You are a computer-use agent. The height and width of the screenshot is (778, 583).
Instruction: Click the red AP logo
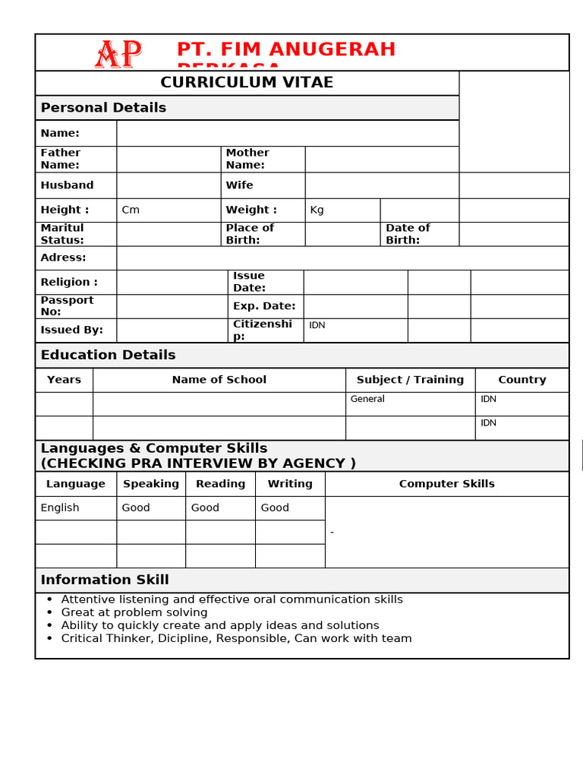click(118, 54)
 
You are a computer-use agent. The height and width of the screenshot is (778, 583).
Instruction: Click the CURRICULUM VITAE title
click(247, 83)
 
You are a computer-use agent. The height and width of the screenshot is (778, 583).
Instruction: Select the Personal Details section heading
click(103, 108)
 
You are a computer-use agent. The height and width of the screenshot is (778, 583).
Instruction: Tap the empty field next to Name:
click(287, 133)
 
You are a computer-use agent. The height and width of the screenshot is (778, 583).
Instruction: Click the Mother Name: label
click(247, 159)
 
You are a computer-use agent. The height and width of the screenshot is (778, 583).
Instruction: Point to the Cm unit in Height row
click(131, 210)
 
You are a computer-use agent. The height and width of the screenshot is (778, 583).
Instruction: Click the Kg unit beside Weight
click(317, 210)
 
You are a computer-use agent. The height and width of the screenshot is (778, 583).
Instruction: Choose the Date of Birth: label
click(408, 234)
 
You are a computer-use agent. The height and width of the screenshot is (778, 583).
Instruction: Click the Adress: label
click(63, 258)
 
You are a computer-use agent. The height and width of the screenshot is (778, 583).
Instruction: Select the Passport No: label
click(67, 306)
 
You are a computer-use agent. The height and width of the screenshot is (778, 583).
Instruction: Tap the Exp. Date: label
click(263, 306)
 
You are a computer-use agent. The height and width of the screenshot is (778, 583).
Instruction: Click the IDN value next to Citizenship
click(317, 325)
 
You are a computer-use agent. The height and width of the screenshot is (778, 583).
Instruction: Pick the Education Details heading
click(108, 355)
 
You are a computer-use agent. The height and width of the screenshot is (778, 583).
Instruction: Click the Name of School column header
click(219, 380)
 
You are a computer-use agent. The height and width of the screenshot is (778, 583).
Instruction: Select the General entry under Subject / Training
click(367, 399)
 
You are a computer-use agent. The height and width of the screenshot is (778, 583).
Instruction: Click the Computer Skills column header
click(446, 484)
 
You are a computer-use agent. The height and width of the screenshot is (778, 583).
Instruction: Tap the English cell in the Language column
click(60, 508)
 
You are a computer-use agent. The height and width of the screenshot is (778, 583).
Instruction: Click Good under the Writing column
click(275, 508)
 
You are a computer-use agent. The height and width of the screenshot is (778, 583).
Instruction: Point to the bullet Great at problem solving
click(134, 612)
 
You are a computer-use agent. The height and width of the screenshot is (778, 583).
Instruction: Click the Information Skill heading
click(105, 580)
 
